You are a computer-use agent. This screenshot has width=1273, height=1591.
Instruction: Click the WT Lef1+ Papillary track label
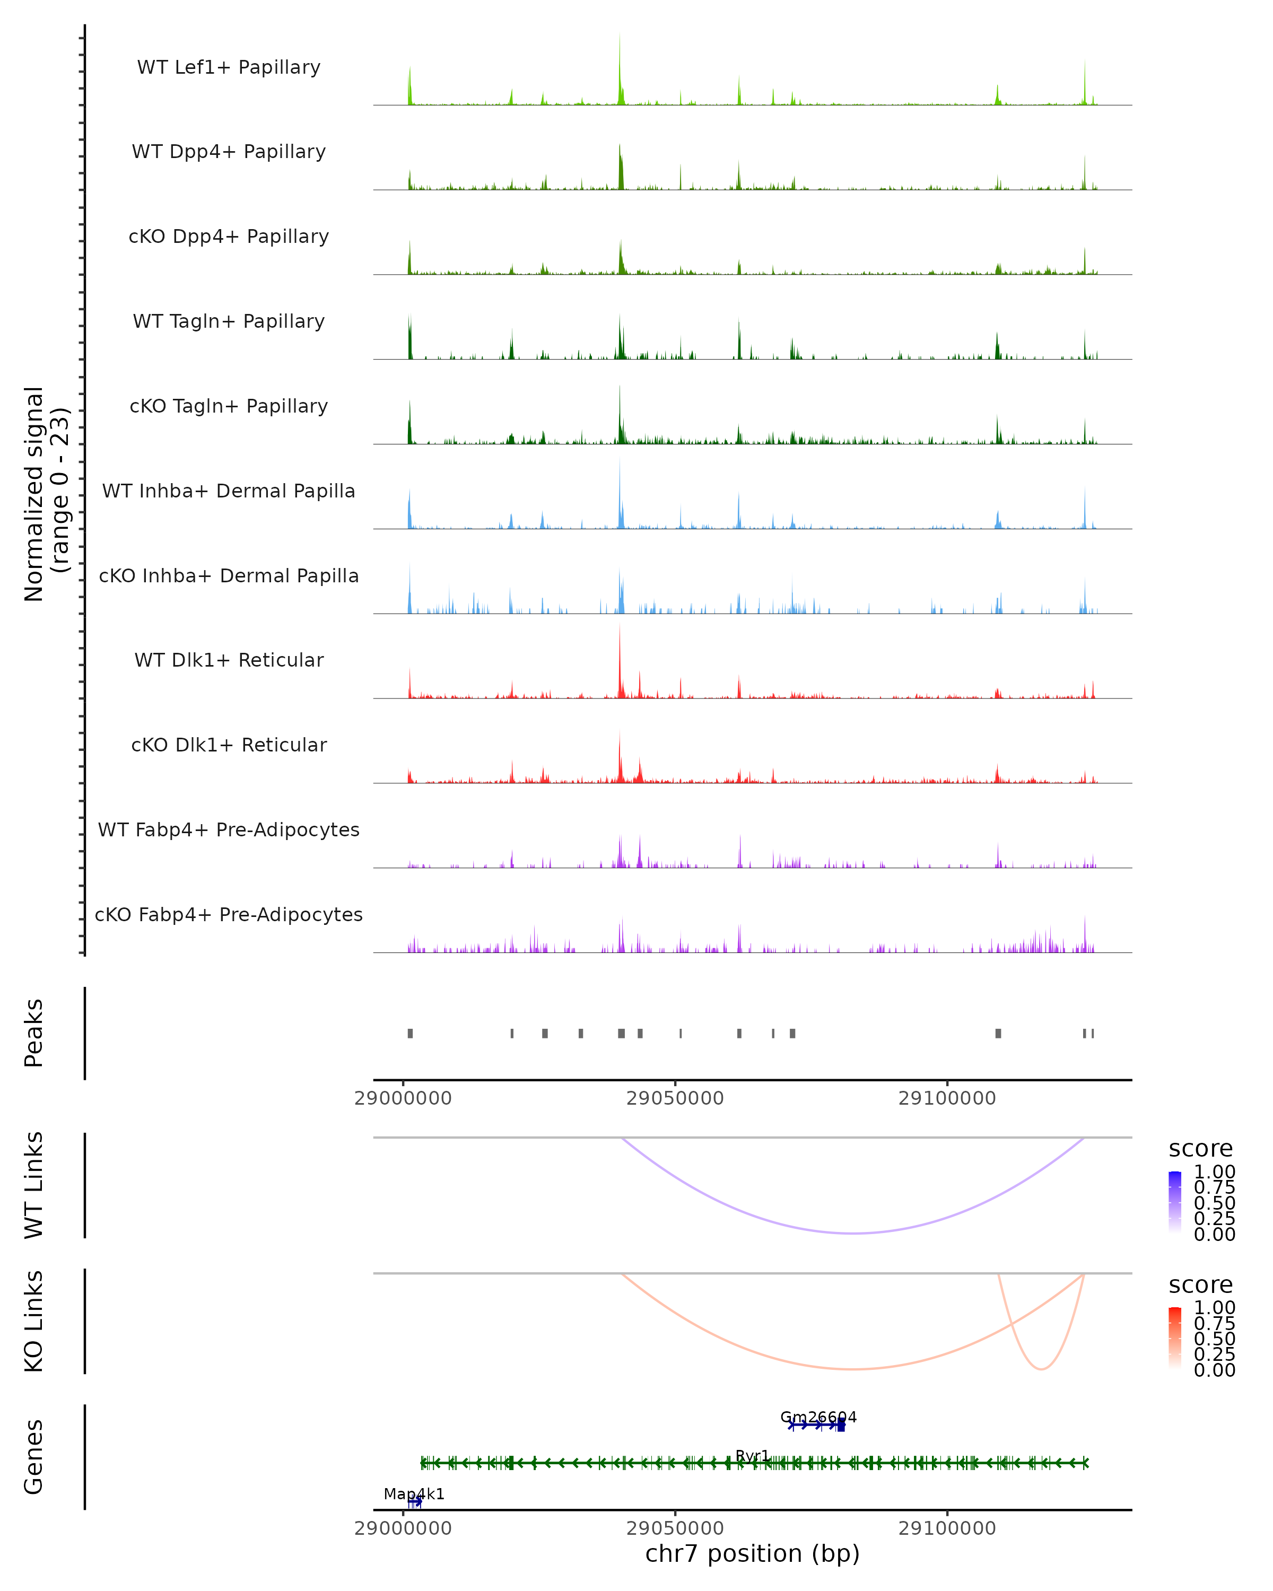[x=229, y=67]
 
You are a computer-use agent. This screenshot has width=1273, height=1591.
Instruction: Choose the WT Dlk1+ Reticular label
[x=229, y=660]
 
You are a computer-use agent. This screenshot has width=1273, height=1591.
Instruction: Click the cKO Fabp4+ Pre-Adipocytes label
[x=229, y=914]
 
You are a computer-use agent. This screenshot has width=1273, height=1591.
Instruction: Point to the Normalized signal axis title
[x=46, y=494]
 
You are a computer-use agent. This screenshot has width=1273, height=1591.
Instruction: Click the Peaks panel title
[x=33, y=1033]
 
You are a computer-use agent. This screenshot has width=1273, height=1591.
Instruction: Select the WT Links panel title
[x=33, y=1184]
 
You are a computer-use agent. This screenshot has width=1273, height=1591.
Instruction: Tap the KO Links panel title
[x=33, y=1321]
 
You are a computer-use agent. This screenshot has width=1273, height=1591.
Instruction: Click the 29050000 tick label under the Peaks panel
[x=675, y=1098]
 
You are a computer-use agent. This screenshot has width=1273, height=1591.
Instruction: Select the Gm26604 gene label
[x=818, y=1417]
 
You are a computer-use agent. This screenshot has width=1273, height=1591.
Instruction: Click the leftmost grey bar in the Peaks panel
[x=411, y=1033]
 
